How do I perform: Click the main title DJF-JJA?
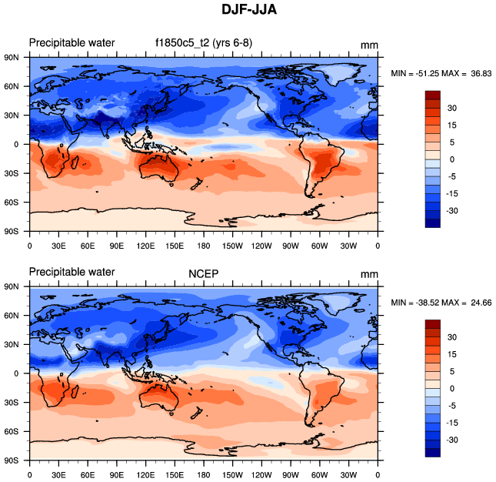[x=248, y=11]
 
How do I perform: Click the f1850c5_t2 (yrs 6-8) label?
[x=198, y=42]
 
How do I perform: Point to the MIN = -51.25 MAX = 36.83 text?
[x=441, y=73]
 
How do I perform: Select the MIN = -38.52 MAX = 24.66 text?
[x=441, y=303]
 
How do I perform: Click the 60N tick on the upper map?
[x=16, y=86]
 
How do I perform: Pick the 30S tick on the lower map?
[x=16, y=403]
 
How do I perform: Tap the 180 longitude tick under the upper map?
[x=203, y=246]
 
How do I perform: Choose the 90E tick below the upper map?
[x=116, y=246]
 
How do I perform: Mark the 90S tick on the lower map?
[x=16, y=460]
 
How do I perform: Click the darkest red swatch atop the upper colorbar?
[x=433, y=95]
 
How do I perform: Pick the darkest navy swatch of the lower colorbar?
[x=433, y=452]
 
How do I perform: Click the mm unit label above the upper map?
[x=369, y=43]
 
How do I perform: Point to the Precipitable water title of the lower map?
[x=72, y=272]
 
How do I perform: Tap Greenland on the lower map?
[x=338, y=303]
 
